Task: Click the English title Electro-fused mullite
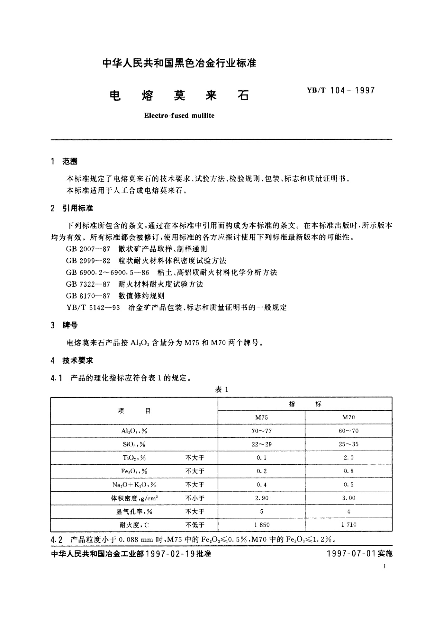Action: tap(179, 115)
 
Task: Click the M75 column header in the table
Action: tap(261, 417)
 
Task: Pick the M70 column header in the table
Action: tap(349, 417)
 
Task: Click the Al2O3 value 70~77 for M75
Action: tap(261, 431)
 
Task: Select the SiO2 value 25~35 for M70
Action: tap(349, 444)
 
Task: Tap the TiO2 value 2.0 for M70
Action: tap(349, 458)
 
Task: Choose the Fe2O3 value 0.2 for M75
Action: tap(261, 471)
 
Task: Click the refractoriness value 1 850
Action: tap(261, 525)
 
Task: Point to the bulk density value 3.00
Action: tap(349, 498)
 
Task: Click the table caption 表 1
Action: tap(221, 389)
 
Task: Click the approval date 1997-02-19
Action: tap(170, 554)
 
